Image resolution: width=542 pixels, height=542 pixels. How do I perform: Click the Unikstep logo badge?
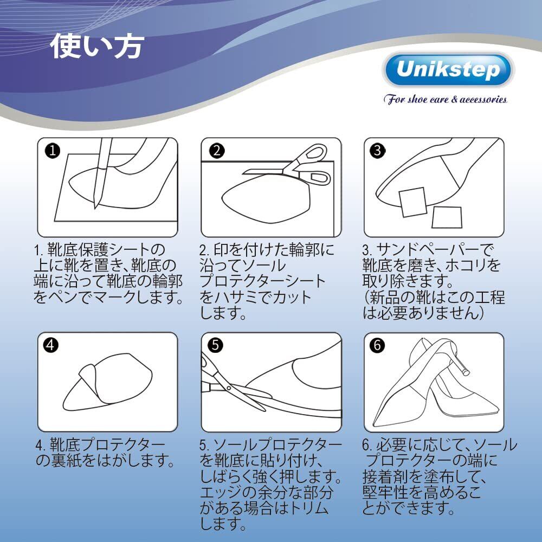point(448,69)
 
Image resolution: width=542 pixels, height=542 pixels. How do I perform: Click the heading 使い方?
point(97,46)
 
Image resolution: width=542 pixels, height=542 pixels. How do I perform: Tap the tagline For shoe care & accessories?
point(445,100)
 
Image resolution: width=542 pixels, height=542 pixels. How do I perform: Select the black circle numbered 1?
point(52,151)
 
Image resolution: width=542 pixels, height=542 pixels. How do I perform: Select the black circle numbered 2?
point(217,151)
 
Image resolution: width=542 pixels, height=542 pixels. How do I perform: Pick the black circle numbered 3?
point(378,151)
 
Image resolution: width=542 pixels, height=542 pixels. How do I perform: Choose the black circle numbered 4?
point(51,345)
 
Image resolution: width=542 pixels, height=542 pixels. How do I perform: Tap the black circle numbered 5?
point(215,345)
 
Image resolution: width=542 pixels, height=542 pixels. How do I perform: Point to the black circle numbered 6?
point(377,345)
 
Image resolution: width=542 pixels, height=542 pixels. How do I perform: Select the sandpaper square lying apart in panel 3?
point(447,217)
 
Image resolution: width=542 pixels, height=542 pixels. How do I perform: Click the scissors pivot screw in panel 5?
point(229,388)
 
